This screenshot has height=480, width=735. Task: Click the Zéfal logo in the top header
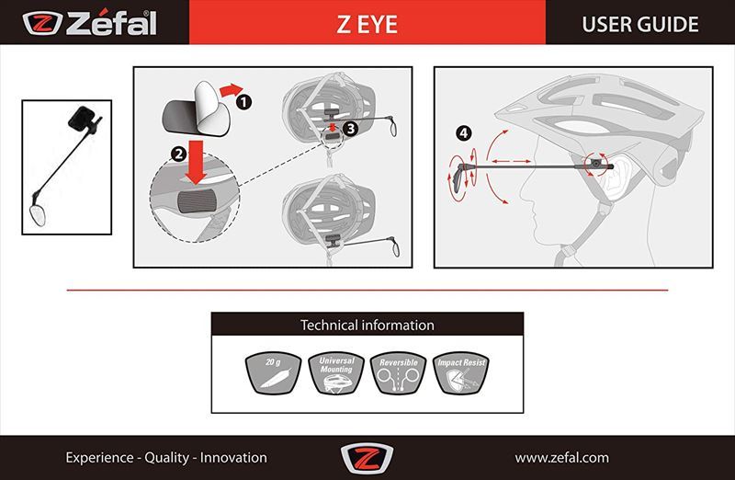(89, 24)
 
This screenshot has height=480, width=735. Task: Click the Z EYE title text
(367, 25)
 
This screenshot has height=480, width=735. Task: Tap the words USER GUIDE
(639, 25)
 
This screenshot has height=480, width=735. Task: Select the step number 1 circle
(243, 102)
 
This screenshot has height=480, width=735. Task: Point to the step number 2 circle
(178, 154)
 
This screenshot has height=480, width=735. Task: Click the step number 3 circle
(351, 129)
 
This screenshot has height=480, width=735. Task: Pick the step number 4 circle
(464, 133)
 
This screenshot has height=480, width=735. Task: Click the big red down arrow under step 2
(196, 162)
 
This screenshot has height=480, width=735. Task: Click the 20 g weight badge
(273, 373)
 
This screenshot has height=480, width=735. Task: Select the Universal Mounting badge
(335, 373)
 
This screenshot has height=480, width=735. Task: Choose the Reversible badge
(399, 373)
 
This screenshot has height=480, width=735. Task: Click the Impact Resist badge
(461, 373)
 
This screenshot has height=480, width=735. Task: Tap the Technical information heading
(367, 326)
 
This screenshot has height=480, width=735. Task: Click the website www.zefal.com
(561, 458)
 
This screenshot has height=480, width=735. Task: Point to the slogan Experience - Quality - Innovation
(166, 458)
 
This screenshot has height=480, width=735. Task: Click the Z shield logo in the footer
(367, 458)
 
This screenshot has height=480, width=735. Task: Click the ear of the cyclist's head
(616, 178)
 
